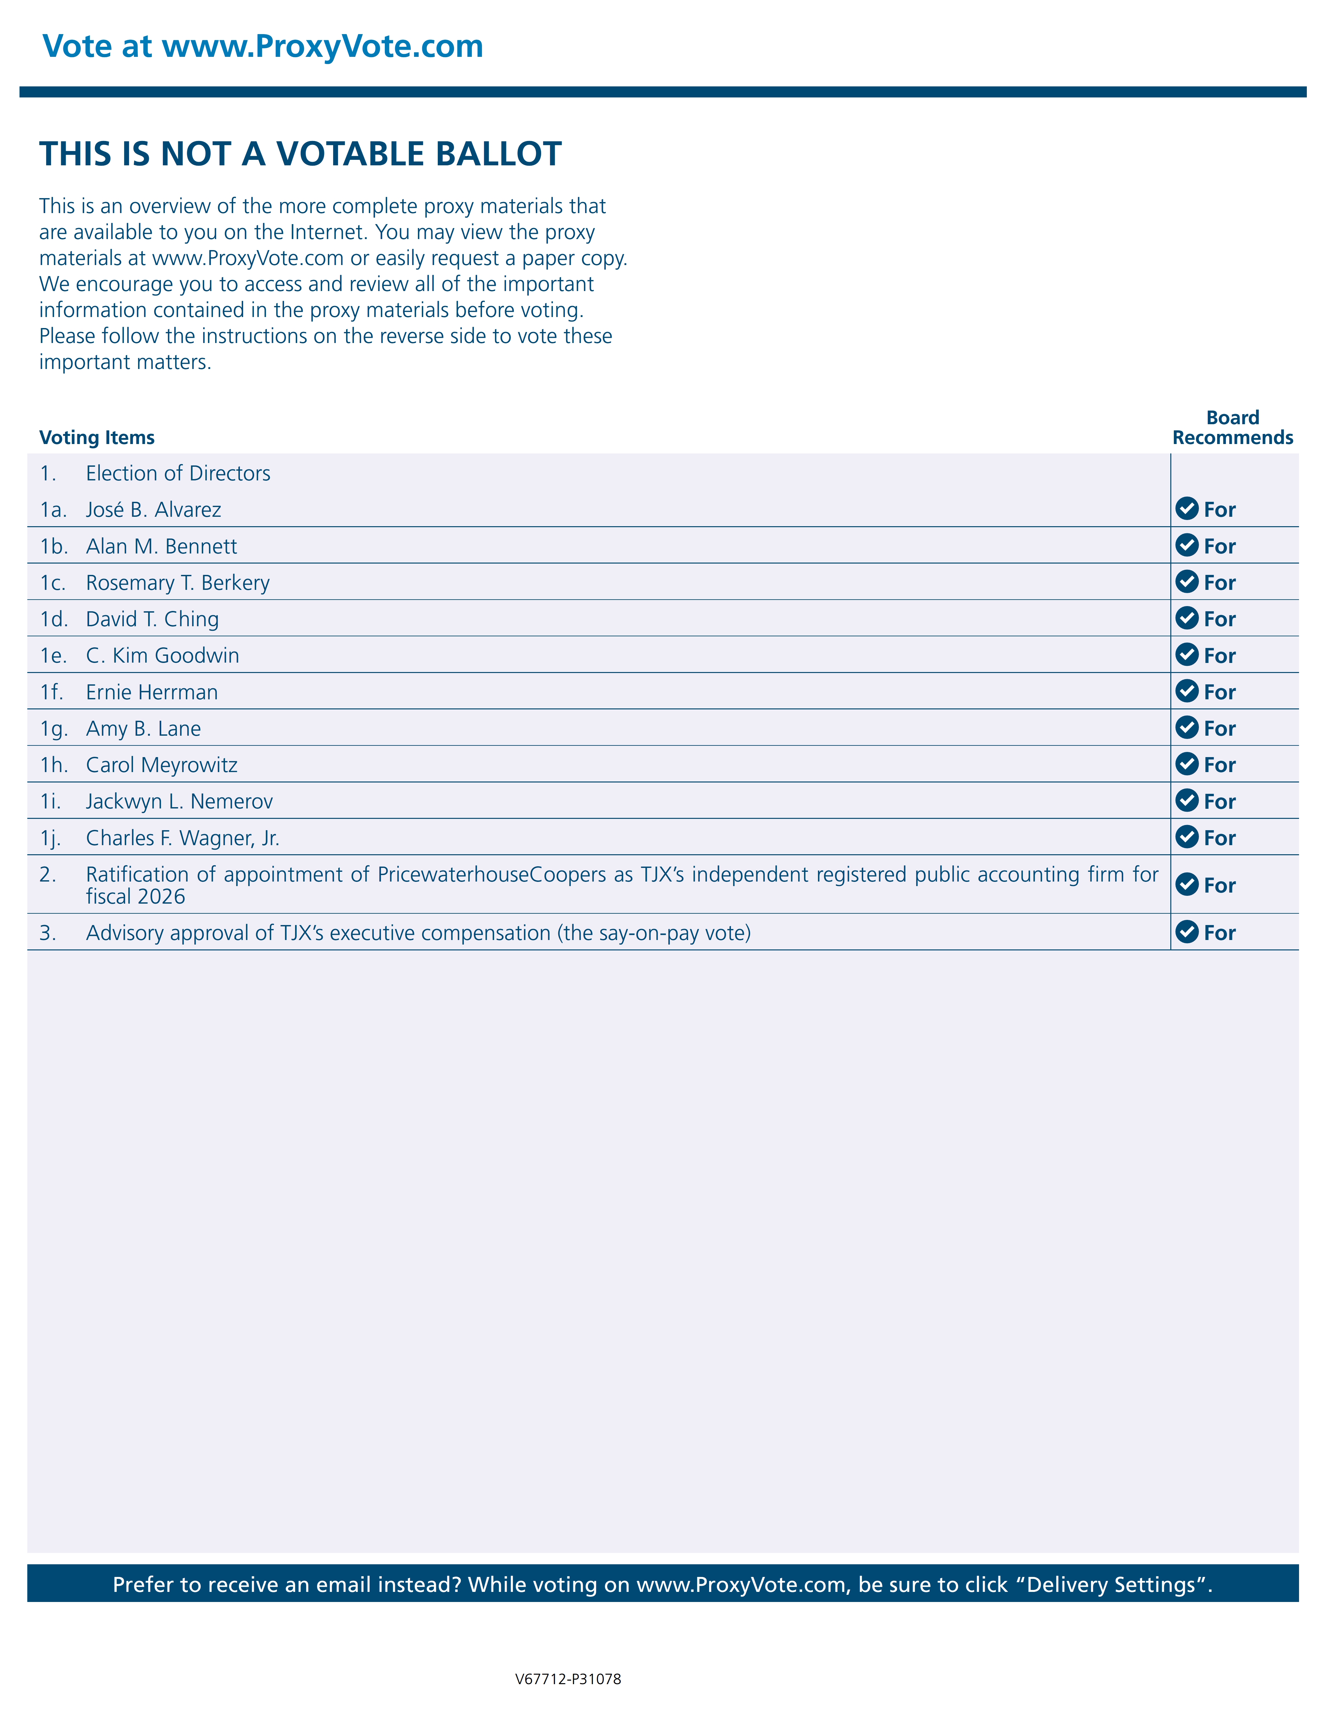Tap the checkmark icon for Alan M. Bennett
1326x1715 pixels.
[1186, 545]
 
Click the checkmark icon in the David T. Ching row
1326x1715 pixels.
[1186, 618]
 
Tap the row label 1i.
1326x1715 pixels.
[50, 802]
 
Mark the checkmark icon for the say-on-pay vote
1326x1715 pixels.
[1186, 932]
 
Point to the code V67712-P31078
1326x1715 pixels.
[568, 1679]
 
